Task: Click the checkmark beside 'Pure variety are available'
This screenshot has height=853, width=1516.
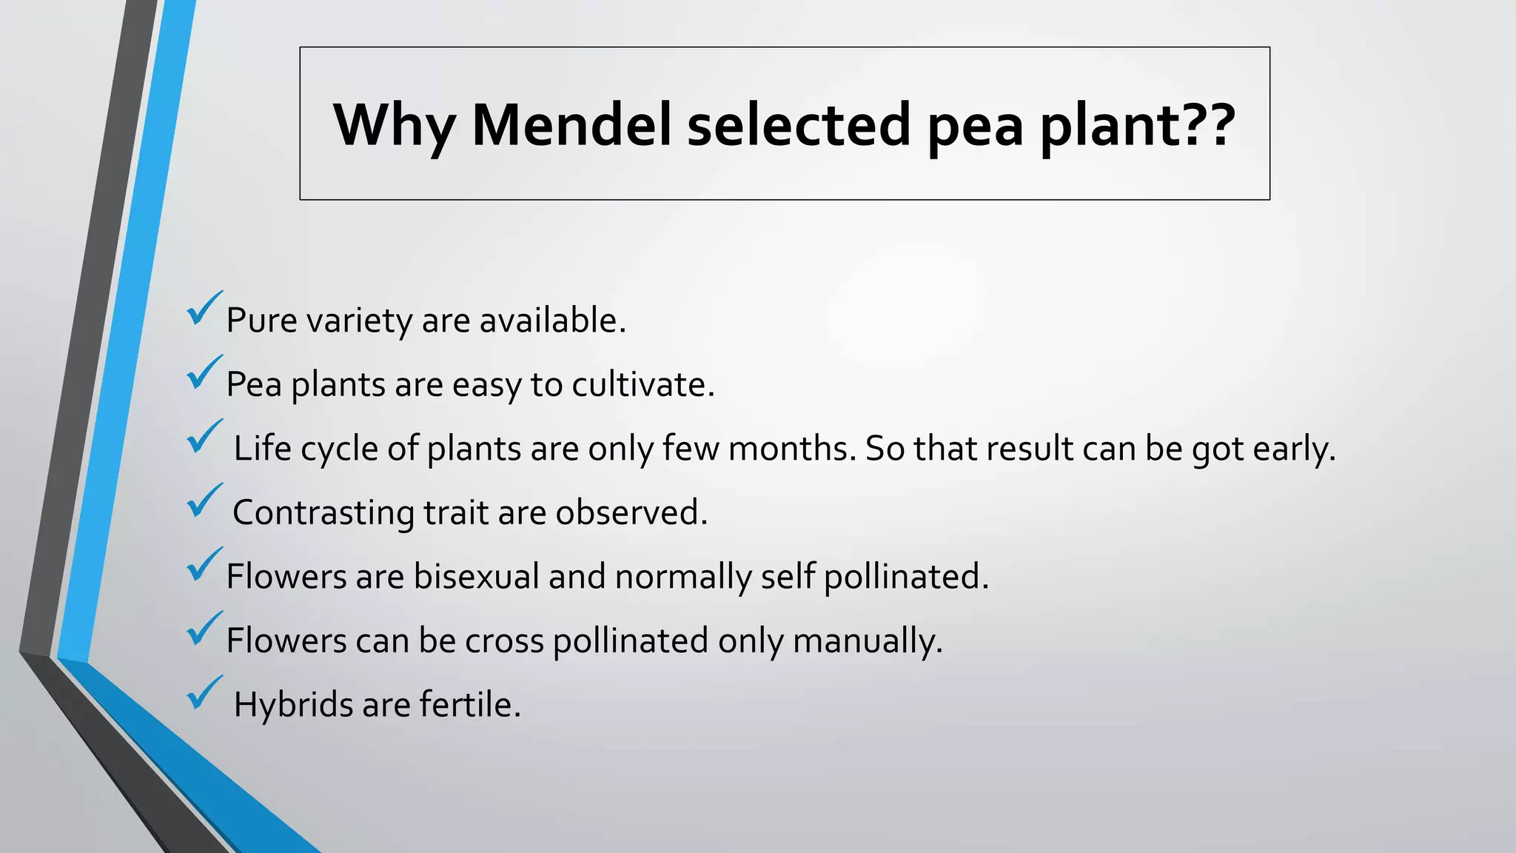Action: click(204, 310)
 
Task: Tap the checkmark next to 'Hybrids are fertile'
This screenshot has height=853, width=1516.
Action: click(204, 693)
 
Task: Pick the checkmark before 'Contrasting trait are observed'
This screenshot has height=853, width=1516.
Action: click(204, 501)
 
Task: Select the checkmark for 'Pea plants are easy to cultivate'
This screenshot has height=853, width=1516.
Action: click(204, 373)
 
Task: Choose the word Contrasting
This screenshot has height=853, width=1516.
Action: click(323, 512)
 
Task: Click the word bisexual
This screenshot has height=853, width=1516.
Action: click(476, 576)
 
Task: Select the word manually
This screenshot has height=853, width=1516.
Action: click(867, 640)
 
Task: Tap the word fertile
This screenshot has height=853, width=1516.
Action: click(470, 704)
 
